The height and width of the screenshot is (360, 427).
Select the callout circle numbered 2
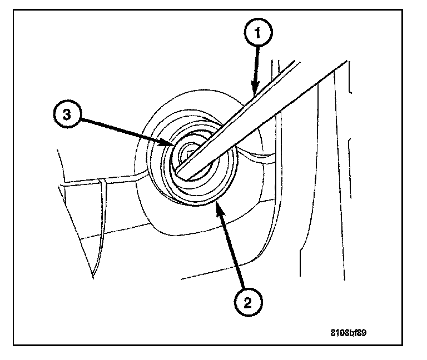(x=249, y=303)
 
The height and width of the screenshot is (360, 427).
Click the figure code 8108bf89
(x=349, y=334)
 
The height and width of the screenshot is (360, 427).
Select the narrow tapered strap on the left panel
(x=101, y=222)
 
